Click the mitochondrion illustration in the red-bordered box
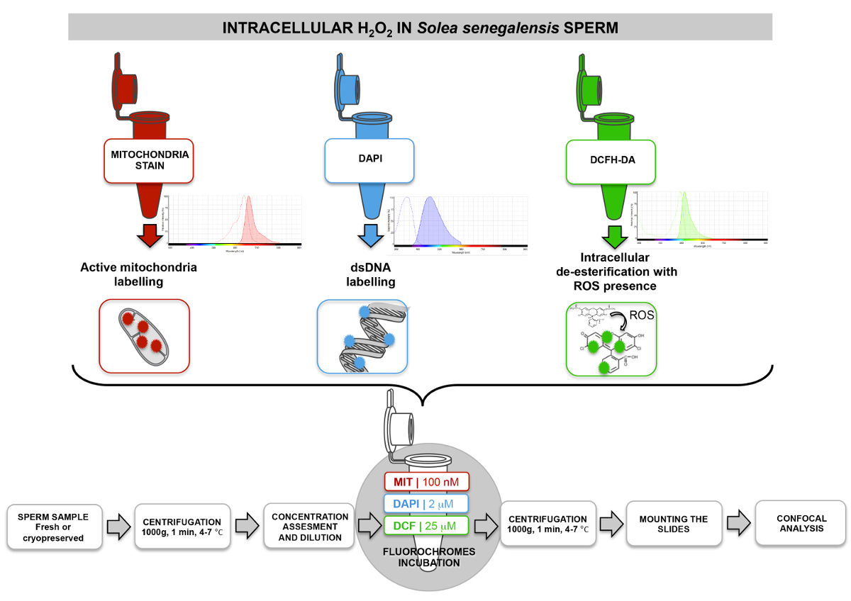click(145, 336)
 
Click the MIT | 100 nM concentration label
click(425, 483)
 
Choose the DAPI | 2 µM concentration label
click(425, 504)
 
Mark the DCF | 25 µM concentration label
click(425, 525)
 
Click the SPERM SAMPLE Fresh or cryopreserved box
click(54, 527)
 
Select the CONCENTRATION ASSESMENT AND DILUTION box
click(310, 527)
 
